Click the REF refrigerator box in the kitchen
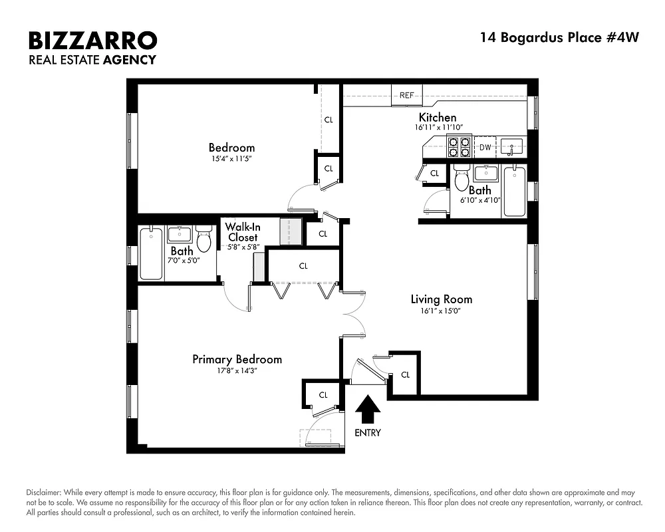[x=406, y=95]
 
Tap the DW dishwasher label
[x=485, y=148]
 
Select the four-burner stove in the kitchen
[x=460, y=146]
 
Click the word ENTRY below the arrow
[x=368, y=433]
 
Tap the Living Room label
[x=441, y=299]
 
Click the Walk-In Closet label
[x=241, y=231]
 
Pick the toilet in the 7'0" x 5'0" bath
[x=204, y=239]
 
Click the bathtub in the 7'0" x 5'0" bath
[x=151, y=253]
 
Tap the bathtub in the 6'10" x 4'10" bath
[x=514, y=191]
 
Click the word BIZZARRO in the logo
[x=92, y=41]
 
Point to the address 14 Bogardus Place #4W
[x=559, y=37]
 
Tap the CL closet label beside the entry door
[x=405, y=374]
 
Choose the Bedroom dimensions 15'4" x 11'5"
[x=231, y=159]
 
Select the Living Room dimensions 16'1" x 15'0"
[x=441, y=311]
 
